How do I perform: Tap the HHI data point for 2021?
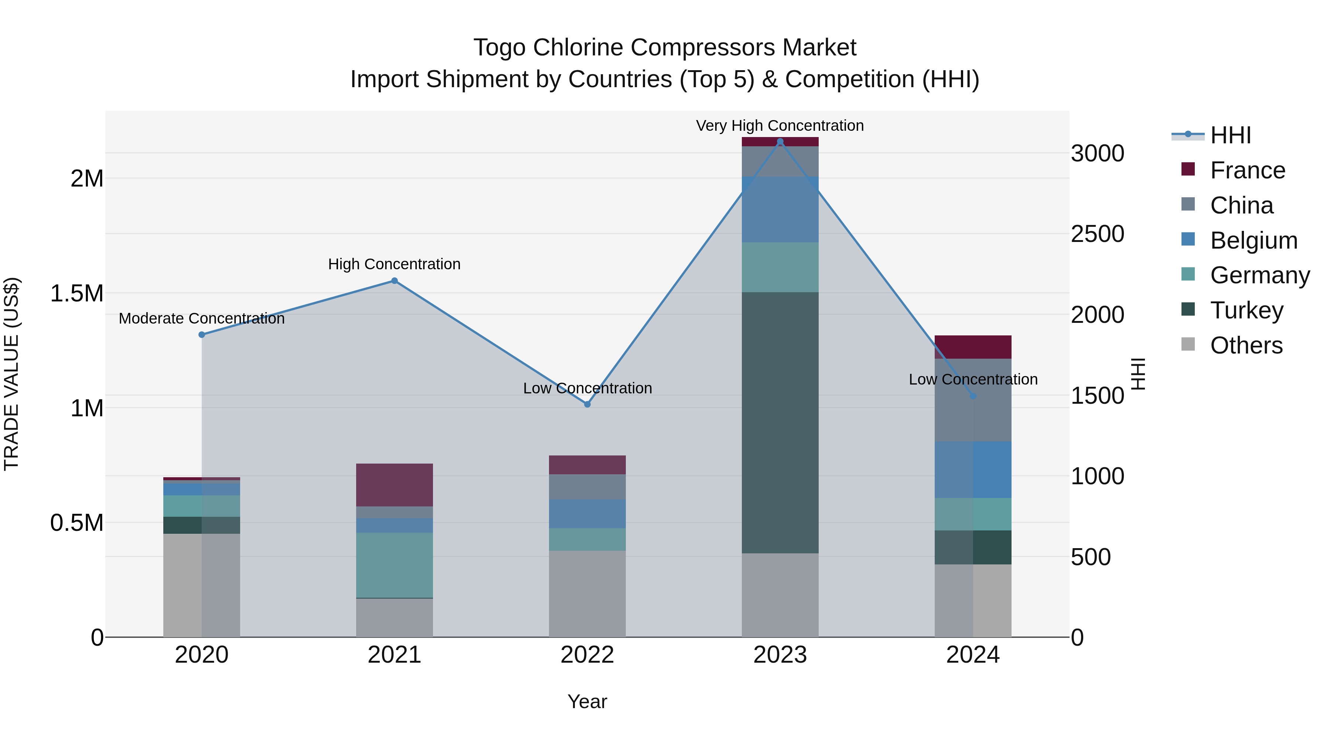point(395,281)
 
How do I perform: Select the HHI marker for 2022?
point(587,404)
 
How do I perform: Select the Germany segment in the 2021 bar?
point(395,565)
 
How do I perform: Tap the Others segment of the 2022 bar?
point(587,594)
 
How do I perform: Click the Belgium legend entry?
point(1253,240)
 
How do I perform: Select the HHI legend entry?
point(1230,135)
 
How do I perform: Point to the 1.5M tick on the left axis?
point(76,293)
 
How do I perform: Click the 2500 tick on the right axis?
point(1097,234)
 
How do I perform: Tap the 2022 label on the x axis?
point(587,655)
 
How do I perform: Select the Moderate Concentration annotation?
point(201,318)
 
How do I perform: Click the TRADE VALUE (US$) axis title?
point(12,374)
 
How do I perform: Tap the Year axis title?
point(587,701)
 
